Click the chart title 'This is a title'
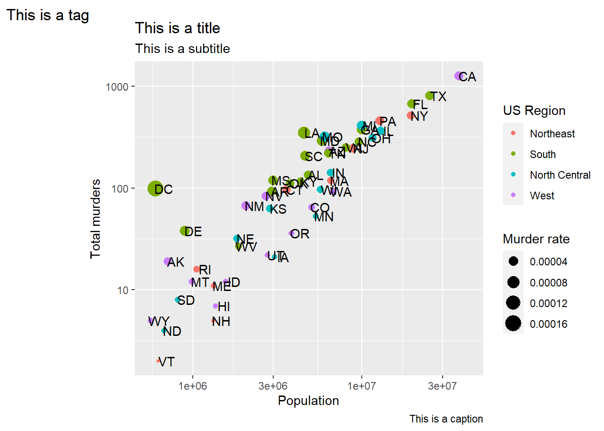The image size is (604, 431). tap(178, 28)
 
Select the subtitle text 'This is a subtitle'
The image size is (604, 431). tap(182, 48)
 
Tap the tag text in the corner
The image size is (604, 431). tap(48, 15)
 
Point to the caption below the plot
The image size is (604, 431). tap(446, 419)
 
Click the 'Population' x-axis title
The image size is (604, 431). tap(308, 400)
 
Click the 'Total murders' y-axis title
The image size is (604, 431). tap(95, 219)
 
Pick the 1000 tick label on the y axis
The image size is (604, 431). tap(117, 87)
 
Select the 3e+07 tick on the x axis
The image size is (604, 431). tap(442, 386)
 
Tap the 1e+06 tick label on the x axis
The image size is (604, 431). tap(192, 386)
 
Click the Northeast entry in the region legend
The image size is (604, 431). tap(552, 134)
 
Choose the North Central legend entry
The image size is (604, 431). tap(560, 175)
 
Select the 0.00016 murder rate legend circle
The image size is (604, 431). tap(513, 324)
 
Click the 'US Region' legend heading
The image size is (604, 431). tap(534, 110)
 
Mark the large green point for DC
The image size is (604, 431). tap(155, 189)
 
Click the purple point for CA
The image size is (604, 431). tap(459, 76)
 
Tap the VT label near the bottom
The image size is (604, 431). tap(167, 362)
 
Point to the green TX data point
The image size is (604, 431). tap(430, 96)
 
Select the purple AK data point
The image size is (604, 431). tap(168, 261)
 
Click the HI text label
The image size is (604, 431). tap(224, 307)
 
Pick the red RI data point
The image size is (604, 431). tap(196, 269)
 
